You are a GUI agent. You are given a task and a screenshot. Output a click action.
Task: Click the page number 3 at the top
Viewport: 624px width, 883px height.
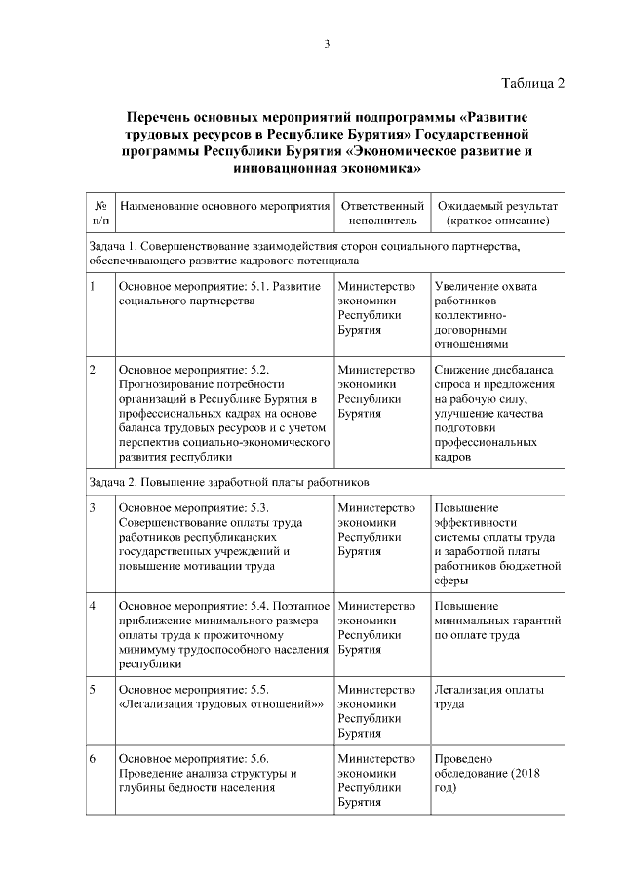click(x=327, y=44)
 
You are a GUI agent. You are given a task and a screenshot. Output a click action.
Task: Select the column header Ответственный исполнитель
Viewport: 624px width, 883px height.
click(x=381, y=215)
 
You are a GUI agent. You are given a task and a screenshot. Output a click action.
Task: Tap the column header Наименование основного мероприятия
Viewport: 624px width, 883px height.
click(x=223, y=208)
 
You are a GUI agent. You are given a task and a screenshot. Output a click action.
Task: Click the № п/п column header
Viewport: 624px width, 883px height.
click(x=99, y=215)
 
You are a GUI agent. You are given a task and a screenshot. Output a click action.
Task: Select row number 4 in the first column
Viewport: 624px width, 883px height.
click(x=92, y=607)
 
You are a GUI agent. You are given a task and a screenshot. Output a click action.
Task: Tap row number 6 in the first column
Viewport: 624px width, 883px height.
click(x=92, y=759)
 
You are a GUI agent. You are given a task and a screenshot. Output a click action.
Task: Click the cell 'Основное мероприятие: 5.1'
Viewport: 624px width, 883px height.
click(x=218, y=294)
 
